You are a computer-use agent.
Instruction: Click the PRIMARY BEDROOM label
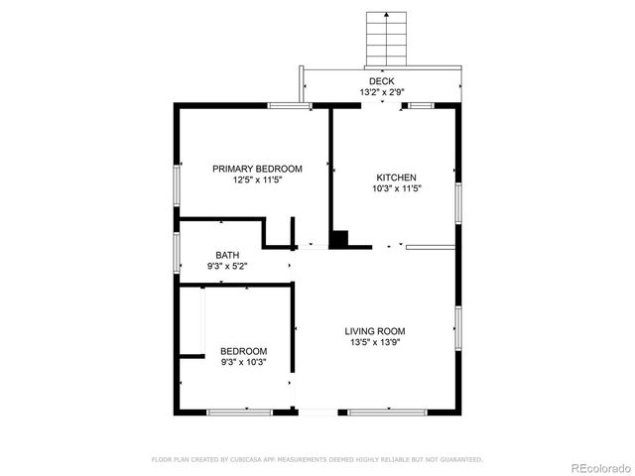tap(257, 169)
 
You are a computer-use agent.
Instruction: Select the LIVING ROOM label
tap(374, 331)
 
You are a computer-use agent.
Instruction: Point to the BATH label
tap(227, 256)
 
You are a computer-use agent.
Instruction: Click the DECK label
tap(382, 81)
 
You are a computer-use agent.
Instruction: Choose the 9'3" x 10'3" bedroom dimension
tap(243, 363)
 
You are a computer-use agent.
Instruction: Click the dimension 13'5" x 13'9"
tap(374, 343)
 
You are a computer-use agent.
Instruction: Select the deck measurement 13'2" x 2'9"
tap(382, 92)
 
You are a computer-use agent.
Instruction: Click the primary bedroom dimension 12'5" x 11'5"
tap(257, 180)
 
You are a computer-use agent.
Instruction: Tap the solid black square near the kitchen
tap(339, 239)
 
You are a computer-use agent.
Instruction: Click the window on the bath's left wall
tap(178, 252)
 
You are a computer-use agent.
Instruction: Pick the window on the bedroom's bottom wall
tap(239, 411)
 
